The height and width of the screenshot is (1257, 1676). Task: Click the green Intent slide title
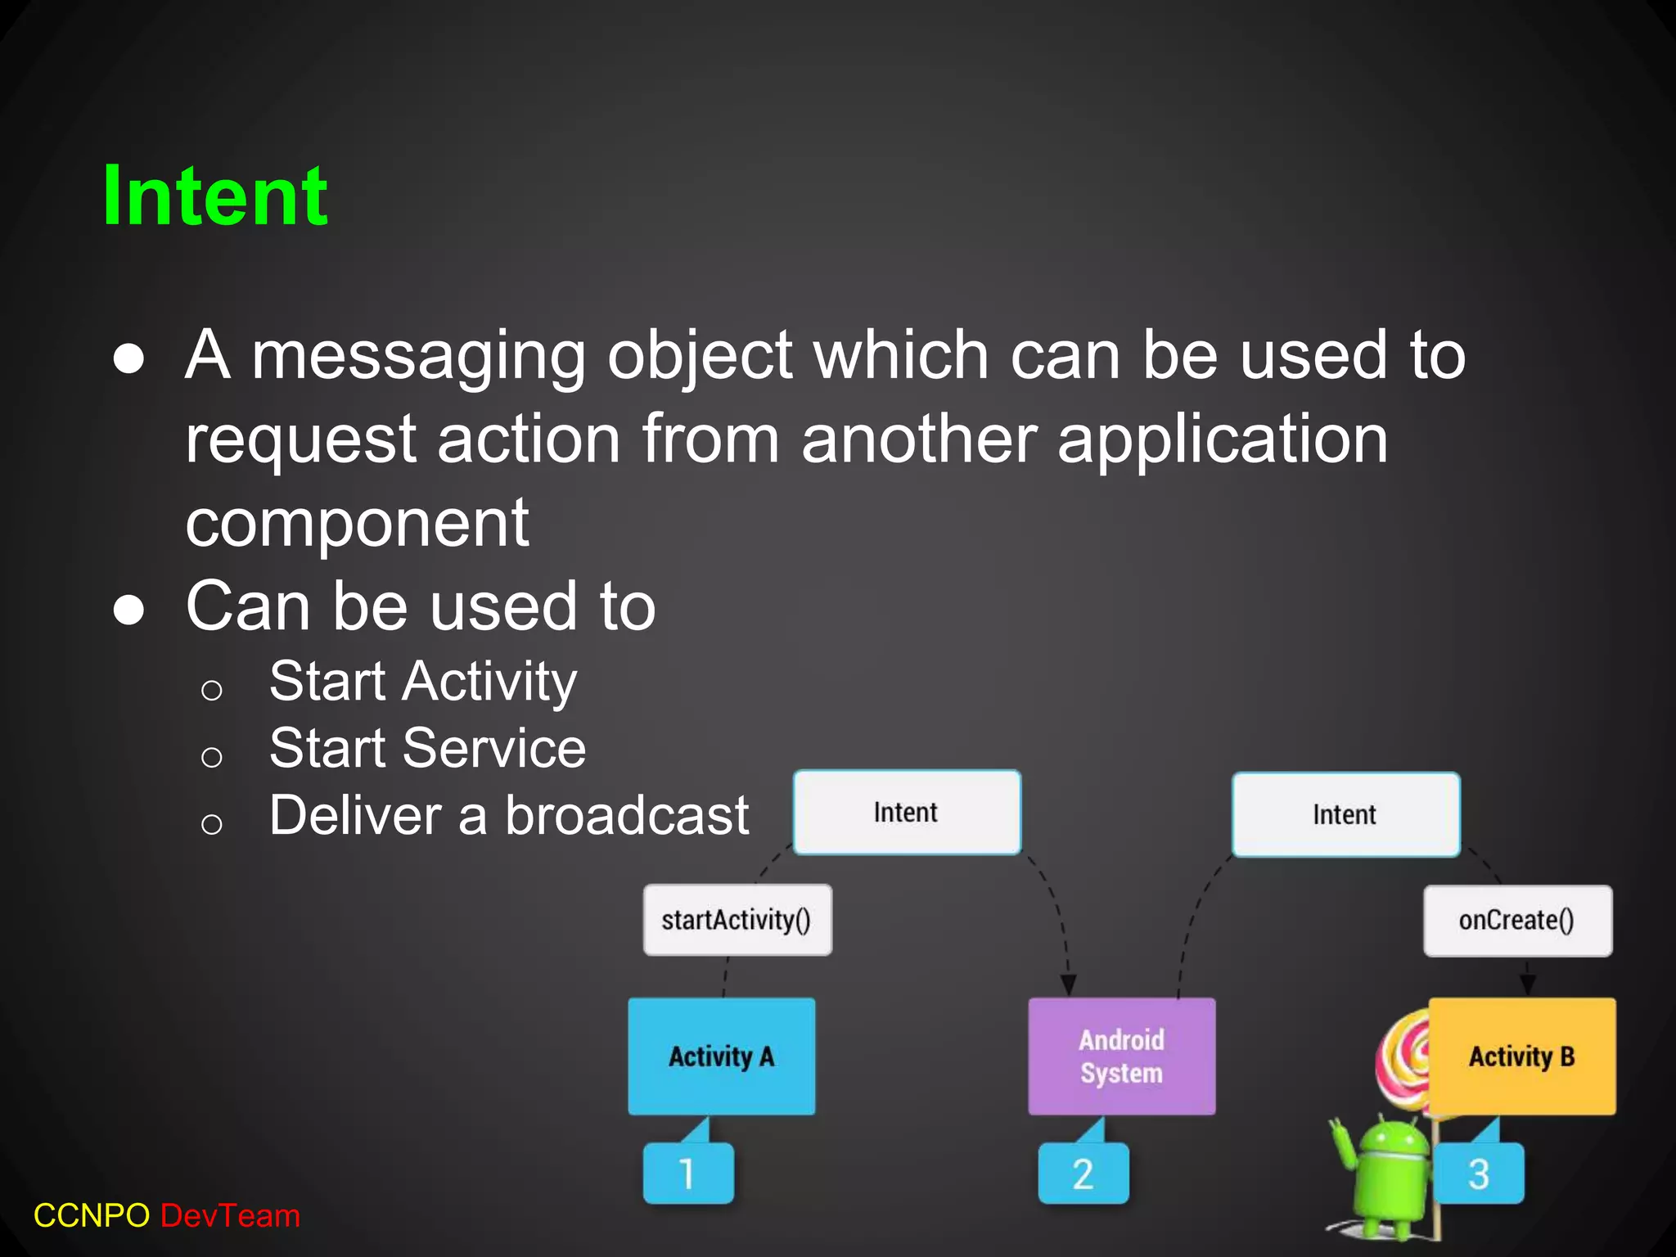(214, 196)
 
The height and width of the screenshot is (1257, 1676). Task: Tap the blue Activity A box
(721, 1056)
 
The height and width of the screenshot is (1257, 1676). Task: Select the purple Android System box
(1121, 1056)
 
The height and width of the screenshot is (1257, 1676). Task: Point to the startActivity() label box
(737, 920)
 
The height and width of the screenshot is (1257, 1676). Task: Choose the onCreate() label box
(1517, 921)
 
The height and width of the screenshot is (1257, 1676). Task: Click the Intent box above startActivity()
(907, 813)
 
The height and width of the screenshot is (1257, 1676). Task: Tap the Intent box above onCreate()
(1345, 815)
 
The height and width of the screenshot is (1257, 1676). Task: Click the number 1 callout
(687, 1174)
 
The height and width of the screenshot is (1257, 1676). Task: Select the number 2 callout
(1083, 1174)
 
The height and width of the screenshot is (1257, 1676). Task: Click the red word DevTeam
(231, 1216)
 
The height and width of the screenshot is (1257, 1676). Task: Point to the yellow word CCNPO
(92, 1216)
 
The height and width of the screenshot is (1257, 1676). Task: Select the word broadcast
(626, 816)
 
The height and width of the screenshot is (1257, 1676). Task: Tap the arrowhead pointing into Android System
(1068, 984)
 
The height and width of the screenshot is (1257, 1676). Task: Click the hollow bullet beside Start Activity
(212, 690)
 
